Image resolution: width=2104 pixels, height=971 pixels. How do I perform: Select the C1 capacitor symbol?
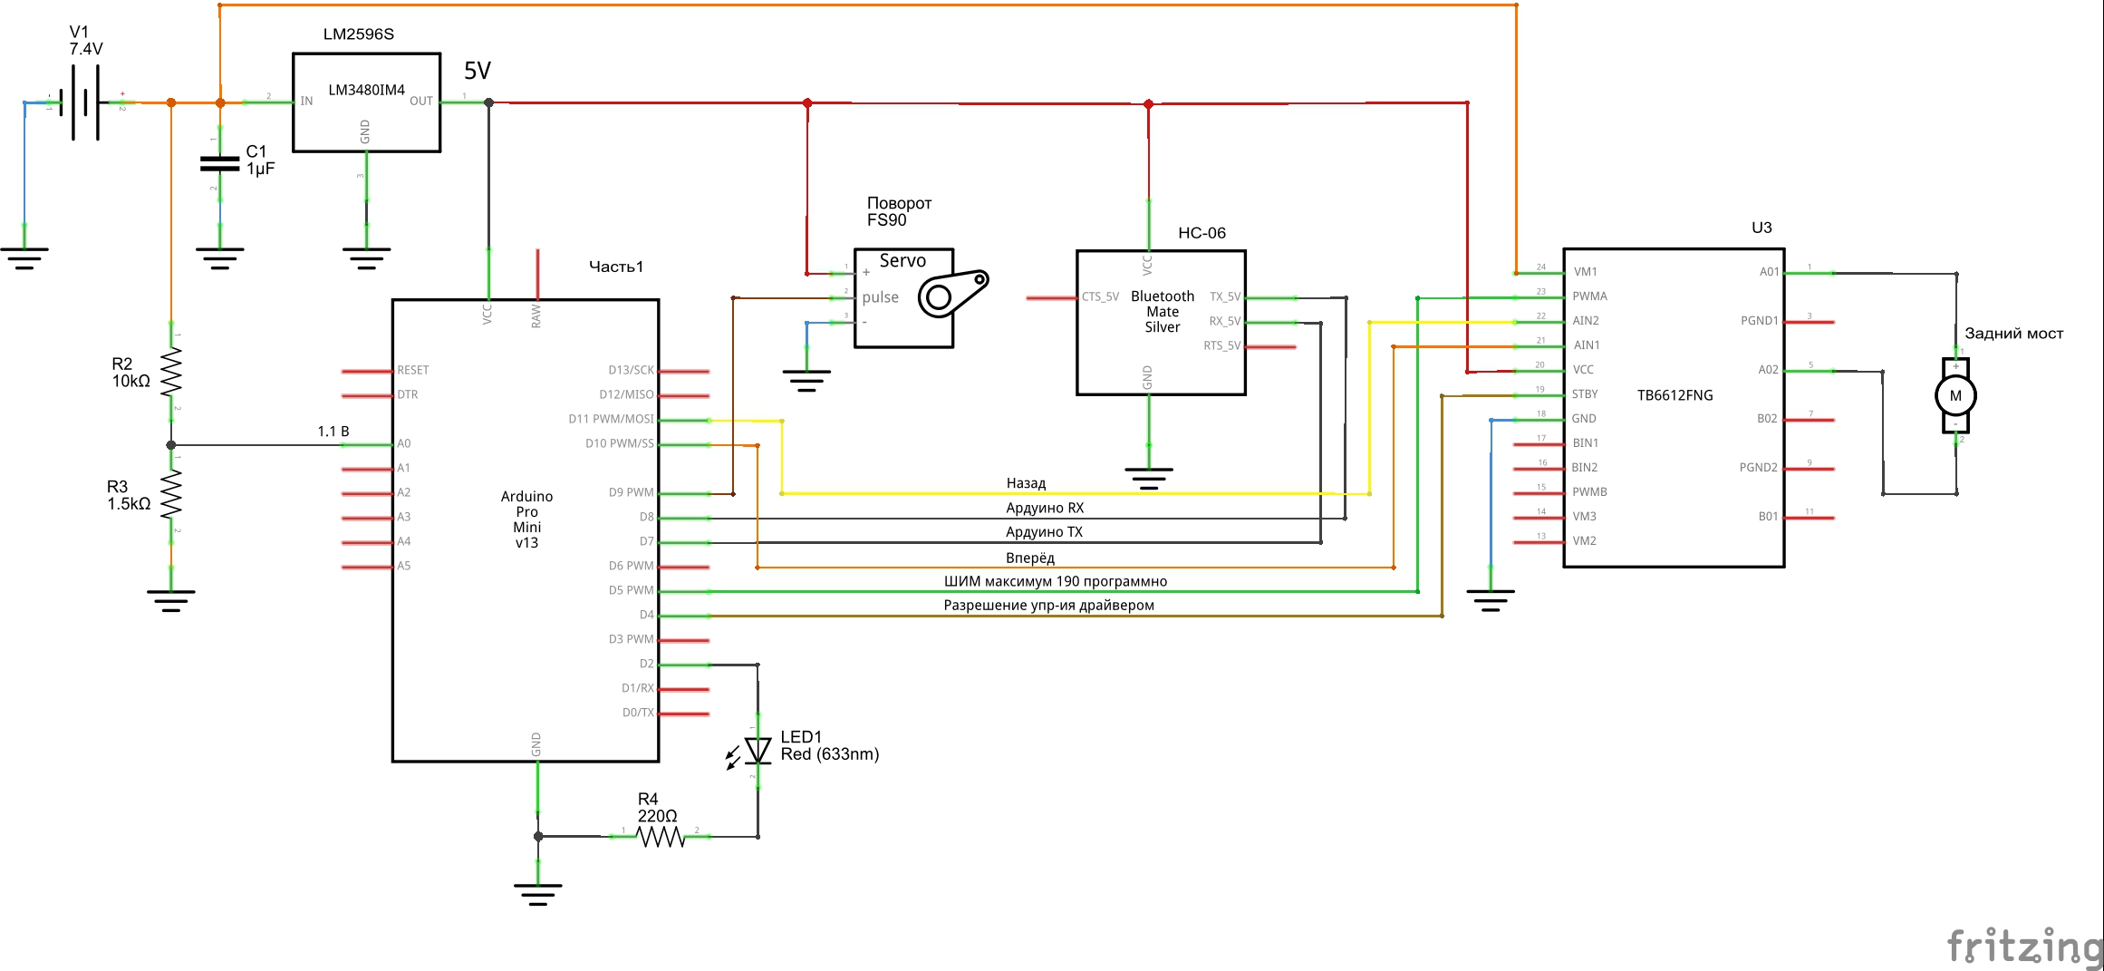tap(219, 164)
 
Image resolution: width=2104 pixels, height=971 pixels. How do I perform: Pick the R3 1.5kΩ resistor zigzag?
tap(170, 496)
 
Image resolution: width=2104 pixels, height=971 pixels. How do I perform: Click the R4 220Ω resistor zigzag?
tap(661, 836)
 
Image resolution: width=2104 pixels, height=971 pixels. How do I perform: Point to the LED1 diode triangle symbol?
tap(758, 751)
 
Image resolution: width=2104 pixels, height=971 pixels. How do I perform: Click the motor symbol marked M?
tap(1955, 395)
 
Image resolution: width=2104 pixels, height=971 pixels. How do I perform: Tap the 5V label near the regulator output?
tap(478, 71)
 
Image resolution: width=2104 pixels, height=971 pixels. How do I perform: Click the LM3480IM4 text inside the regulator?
tap(366, 90)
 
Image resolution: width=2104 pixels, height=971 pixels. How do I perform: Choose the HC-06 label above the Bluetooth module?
tap(1202, 233)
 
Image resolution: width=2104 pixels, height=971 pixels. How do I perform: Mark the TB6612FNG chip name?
tap(1675, 395)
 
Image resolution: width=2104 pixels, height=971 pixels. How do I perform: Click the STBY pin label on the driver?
tap(1585, 394)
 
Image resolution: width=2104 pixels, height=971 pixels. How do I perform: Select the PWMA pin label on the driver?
tap(1589, 296)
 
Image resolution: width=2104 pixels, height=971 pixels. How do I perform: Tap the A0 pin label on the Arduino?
tap(404, 443)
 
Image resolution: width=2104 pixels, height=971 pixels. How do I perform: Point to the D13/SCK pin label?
tap(631, 370)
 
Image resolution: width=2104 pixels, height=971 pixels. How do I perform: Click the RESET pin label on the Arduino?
tap(413, 370)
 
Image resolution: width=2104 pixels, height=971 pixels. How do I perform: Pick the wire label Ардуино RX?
tap(1045, 508)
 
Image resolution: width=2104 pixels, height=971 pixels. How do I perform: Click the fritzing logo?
tap(2024, 946)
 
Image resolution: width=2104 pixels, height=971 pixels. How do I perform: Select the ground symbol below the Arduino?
tap(537, 894)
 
